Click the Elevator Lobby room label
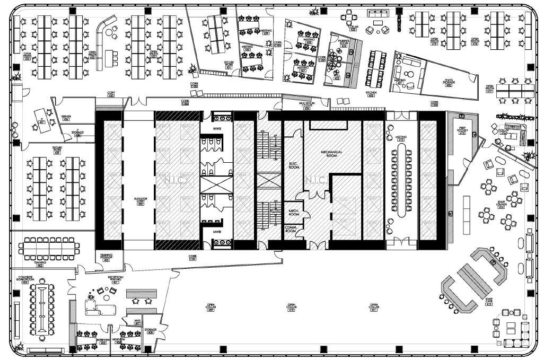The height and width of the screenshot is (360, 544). pos(140,201)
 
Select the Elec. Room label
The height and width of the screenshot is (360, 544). pos(294,165)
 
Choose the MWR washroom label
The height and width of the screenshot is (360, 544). pos(217,232)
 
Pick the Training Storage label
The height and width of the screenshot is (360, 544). pos(106,257)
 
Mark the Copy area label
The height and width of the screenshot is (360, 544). pos(111,94)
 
